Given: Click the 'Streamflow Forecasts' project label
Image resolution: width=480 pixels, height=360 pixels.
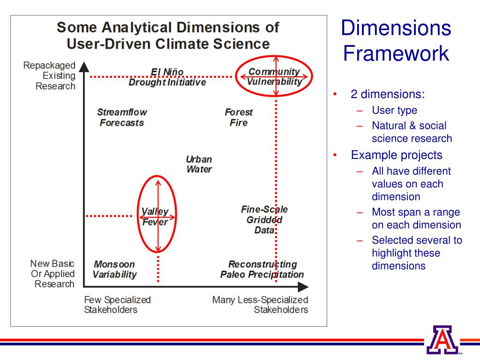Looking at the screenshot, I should (122, 118).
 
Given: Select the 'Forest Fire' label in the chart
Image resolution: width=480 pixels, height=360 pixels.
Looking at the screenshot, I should (239, 118).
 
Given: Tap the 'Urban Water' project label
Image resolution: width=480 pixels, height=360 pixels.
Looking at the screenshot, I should (199, 164).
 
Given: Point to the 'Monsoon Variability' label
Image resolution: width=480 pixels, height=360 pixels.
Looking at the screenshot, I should (115, 270).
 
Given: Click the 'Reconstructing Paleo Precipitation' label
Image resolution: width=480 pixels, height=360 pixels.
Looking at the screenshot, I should (262, 270).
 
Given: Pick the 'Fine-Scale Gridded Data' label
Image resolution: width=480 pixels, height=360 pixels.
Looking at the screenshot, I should (264, 219).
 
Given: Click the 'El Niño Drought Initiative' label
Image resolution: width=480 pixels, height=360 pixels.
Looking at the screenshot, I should (167, 77).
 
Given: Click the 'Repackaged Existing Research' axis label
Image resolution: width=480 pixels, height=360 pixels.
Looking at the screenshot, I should (49, 75).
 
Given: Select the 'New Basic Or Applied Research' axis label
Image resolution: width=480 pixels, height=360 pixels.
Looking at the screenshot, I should (52, 274).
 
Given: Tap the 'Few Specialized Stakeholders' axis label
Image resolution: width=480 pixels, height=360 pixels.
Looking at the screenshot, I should (117, 305).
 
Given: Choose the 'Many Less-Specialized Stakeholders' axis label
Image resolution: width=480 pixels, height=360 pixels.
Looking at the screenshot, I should (260, 305).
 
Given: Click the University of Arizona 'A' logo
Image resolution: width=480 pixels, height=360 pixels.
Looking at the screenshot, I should (442, 339).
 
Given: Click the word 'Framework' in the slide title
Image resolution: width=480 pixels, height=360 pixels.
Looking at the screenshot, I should (396, 53).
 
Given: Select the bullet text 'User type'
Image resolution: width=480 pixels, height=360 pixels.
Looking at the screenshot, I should (394, 111).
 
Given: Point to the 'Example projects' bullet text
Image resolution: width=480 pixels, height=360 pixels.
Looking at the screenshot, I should (397, 155).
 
